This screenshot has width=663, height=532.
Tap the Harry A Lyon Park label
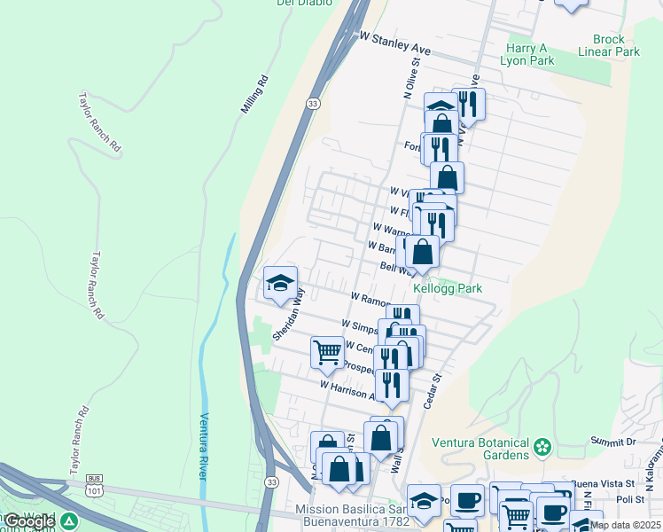pyautogui.click(x=530, y=54)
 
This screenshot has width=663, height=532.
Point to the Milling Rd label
pyautogui.click(x=253, y=96)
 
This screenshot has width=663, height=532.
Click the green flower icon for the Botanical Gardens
pyautogui.click(x=542, y=449)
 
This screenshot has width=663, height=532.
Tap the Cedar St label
pyautogui.click(x=434, y=387)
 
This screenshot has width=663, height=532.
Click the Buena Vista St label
pyautogui.click(x=603, y=484)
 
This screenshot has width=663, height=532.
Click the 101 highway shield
pyautogui.click(x=94, y=488)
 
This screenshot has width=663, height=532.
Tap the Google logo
pyautogui.click(x=29, y=521)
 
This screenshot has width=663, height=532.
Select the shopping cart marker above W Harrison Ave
pyautogui.click(x=327, y=352)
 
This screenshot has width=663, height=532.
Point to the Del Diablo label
pyautogui.click(x=302, y=3)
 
